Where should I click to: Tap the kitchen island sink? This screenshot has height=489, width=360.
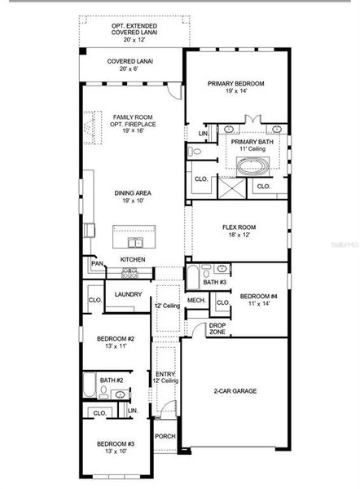[134, 242]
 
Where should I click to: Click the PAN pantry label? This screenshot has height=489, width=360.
[96, 263]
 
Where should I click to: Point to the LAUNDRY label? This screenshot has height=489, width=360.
[129, 294]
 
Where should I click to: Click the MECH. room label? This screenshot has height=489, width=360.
[195, 300]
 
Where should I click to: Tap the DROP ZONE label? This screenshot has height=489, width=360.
[217, 328]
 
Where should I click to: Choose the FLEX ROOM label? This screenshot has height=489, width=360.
[239, 231]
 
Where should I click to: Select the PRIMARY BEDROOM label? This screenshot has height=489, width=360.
[236, 87]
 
